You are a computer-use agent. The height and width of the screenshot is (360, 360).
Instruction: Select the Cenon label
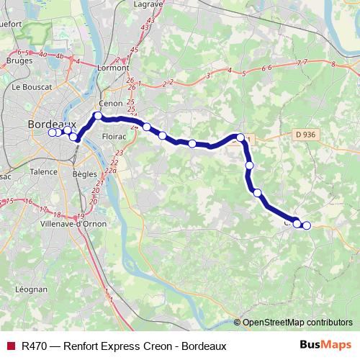(111, 103)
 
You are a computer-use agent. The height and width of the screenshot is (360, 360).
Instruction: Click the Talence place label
(43, 172)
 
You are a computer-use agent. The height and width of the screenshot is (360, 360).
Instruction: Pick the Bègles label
(85, 174)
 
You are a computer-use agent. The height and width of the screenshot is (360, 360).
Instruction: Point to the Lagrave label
(148, 4)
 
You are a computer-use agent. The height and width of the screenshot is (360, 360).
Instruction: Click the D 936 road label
(306, 134)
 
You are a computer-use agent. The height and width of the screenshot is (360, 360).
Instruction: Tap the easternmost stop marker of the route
(306, 225)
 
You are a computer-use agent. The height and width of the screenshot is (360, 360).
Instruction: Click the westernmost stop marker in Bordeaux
(52, 132)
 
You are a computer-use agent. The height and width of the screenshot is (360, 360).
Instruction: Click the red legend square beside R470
(11, 346)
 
